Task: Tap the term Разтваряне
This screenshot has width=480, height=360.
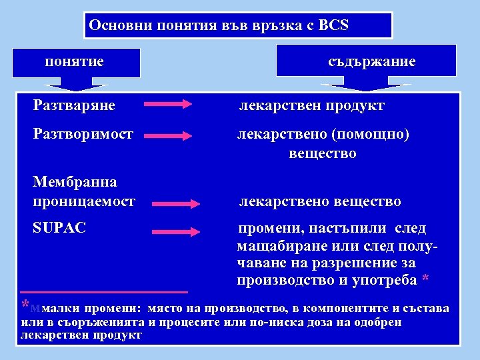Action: point(74,105)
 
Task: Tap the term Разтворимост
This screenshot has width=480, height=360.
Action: point(83,134)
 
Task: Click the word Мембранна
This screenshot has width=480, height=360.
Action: point(75,182)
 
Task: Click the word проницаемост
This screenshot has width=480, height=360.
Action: point(84,201)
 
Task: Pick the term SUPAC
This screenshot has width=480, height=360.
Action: point(59,228)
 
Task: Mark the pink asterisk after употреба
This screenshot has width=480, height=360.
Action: point(426,281)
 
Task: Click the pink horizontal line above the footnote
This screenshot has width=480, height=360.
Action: point(104,292)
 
